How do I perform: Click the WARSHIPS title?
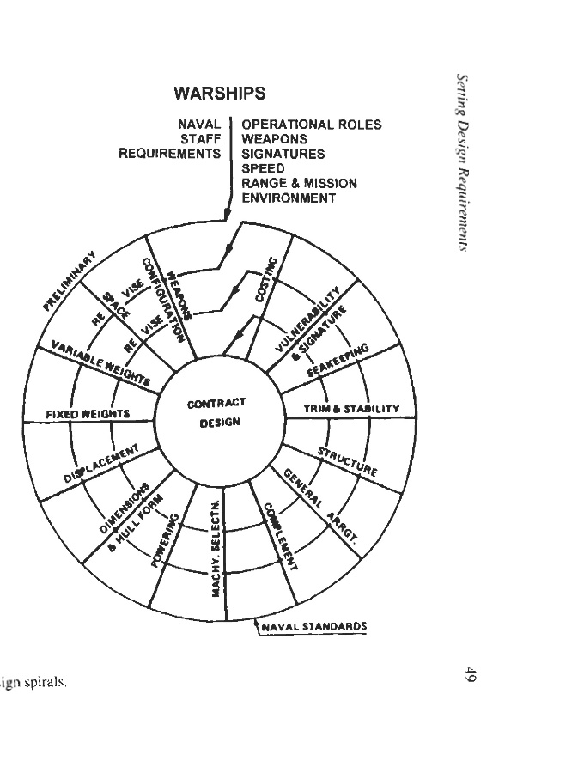click(220, 93)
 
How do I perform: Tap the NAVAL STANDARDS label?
click(314, 625)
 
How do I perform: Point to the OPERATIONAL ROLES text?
click(311, 125)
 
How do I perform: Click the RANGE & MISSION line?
click(299, 183)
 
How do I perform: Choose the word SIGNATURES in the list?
click(283, 154)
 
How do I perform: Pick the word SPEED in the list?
click(263, 168)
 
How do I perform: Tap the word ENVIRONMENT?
click(289, 198)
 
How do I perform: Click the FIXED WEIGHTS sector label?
click(88, 414)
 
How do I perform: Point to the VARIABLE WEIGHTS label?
click(101, 362)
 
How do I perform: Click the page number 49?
click(470, 675)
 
